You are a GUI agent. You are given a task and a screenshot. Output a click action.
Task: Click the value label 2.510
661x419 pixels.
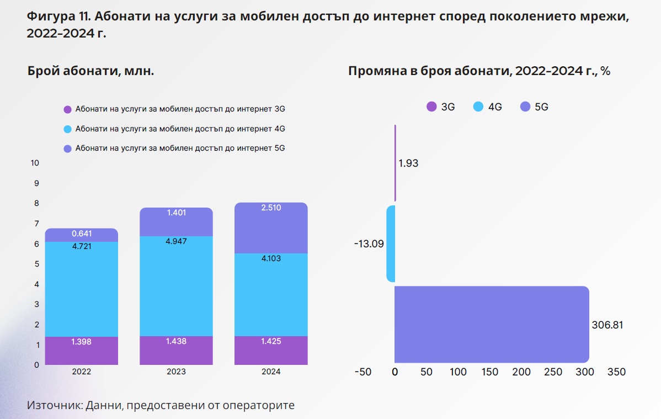[x=270, y=208]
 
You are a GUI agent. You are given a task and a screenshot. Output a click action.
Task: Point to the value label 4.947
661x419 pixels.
[x=176, y=241]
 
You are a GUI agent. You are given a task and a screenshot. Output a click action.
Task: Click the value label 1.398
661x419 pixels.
[x=81, y=342]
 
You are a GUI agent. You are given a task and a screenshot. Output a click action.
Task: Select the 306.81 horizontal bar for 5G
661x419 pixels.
[x=491, y=325]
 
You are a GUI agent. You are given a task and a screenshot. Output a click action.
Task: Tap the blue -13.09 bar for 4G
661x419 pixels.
[x=391, y=243]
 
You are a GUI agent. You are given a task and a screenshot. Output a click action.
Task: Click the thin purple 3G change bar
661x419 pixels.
[x=395, y=163]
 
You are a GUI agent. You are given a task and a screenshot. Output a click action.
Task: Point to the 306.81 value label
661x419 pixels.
[x=607, y=325]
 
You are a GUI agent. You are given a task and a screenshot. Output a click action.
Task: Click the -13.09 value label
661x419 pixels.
[x=369, y=243]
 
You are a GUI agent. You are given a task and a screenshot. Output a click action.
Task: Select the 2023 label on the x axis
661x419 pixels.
[x=176, y=372]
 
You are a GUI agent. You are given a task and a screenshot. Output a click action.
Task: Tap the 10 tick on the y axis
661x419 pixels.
[x=35, y=163]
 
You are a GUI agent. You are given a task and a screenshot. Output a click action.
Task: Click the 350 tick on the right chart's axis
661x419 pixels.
[x=616, y=372]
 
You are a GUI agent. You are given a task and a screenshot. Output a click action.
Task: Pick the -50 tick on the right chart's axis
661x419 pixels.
[x=363, y=372]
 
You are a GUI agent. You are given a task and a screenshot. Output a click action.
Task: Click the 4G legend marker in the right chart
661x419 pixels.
[x=478, y=107]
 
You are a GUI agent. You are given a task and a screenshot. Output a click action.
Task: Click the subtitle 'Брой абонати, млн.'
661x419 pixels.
[x=90, y=71]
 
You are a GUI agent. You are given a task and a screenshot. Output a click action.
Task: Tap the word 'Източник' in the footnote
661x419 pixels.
[x=54, y=405]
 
